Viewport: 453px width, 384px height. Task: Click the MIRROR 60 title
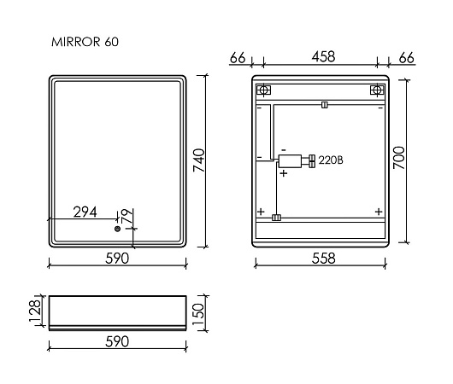pyautogui.click(x=85, y=42)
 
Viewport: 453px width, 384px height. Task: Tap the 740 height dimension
pyautogui.click(x=199, y=160)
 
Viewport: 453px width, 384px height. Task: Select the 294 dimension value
pyautogui.click(x=85, y=212)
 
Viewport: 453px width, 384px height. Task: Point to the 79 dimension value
pyautogui.click(x=127, y=216)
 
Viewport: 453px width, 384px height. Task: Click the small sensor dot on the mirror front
pyautogui.click(x=117, y=229)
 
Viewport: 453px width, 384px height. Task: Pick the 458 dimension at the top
pyautogui.click(x=323, y=57)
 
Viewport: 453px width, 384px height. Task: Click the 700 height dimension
pyautogui.click(x=399, y=158)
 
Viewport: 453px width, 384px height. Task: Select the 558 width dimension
pyautogui.click(x=323, y=259)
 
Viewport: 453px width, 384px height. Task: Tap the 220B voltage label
pyautogui.click(x=331, y=160)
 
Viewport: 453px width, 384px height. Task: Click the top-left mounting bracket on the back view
pyautogui.click(x=263, y=90)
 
